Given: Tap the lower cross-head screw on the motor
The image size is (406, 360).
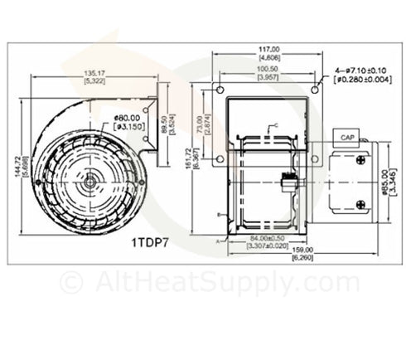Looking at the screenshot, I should tap(360, 204).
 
